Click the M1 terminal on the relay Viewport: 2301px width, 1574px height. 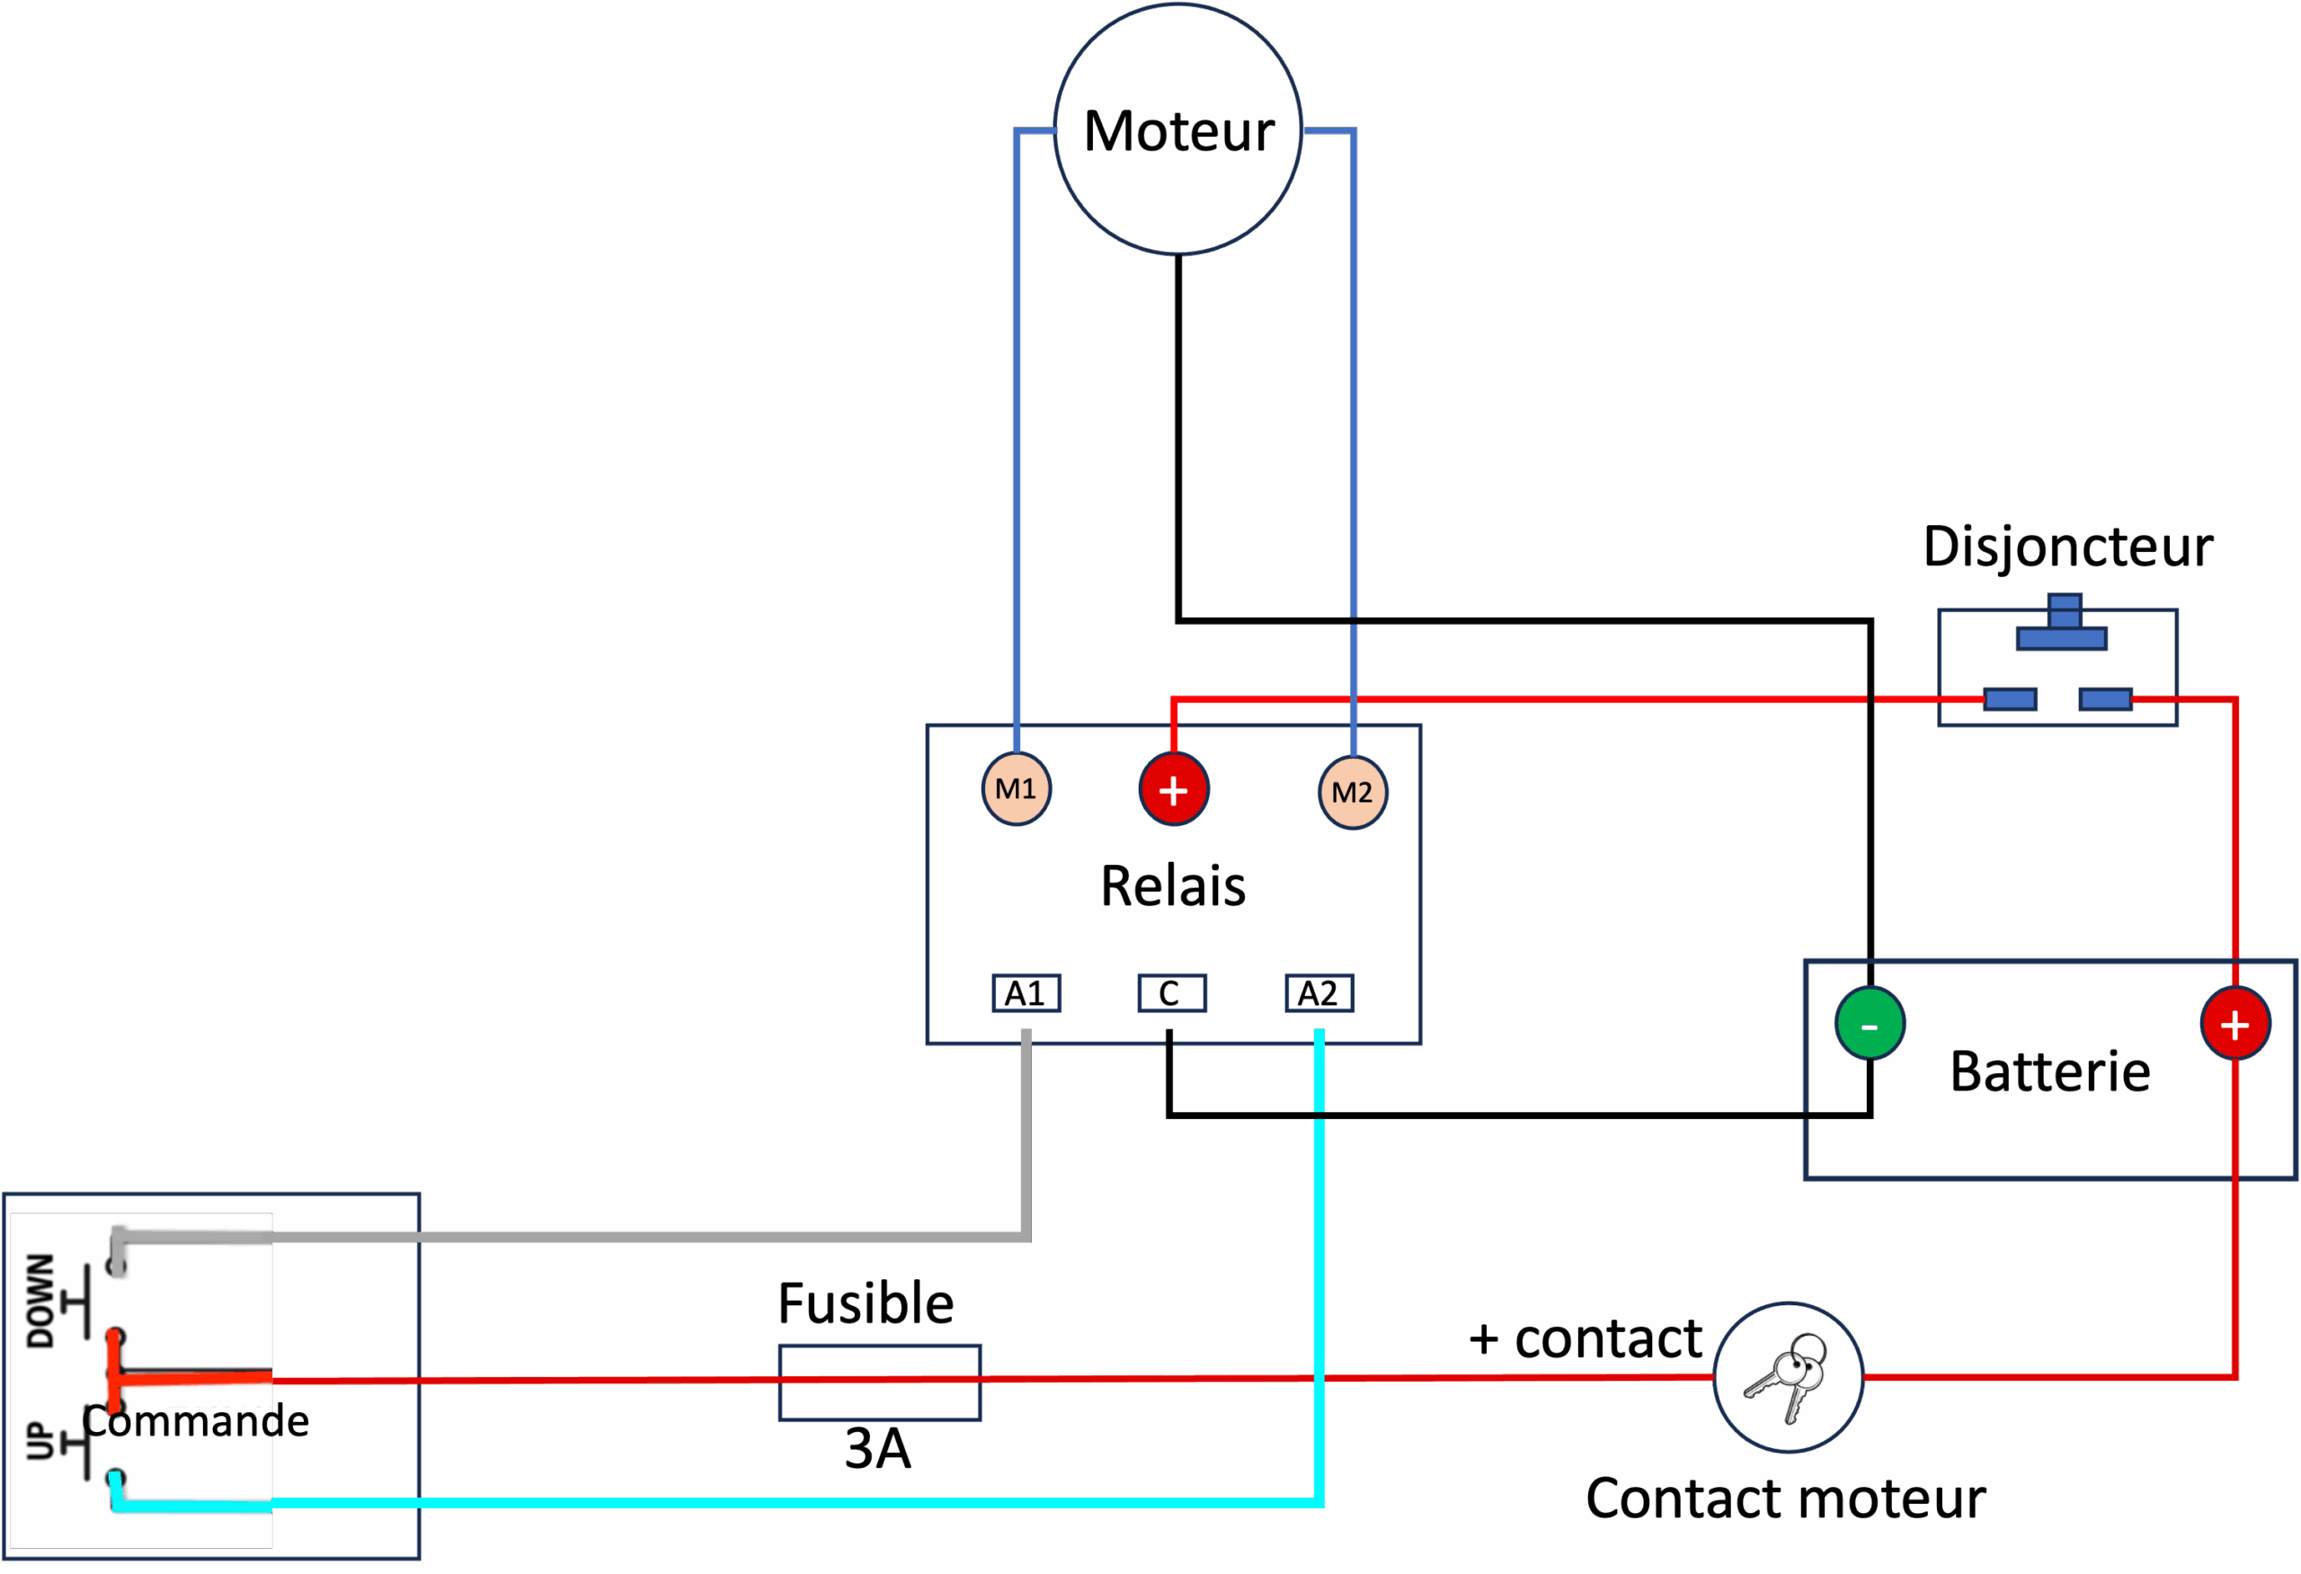[1016, 789]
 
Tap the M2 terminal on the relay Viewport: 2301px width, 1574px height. [1353, 792]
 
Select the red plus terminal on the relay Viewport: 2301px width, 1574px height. [1173, 790]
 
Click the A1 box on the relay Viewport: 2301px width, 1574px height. [1026, 993]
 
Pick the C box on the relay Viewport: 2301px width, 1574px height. [1171, 993]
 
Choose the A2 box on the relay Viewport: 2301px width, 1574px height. [1319, 993]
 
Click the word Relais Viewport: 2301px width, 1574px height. [1173, 886]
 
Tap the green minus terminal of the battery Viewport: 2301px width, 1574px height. [1870, 1025]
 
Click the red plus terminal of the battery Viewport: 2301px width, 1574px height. [2234, 1025]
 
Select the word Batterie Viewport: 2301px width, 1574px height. [2049, 1072]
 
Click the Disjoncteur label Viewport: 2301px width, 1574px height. [2067, 547]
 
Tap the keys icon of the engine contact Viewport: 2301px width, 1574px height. [1788, 1377]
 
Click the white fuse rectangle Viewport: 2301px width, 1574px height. [879, 1382]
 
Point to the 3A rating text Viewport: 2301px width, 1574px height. [877, 1449]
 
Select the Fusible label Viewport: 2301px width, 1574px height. [866, 1303]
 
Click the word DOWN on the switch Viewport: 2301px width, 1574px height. [40, 1301]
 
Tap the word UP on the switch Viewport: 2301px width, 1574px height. [39, 1441]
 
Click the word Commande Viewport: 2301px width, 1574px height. [196, 1421]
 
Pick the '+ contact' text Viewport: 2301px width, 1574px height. [1584, 1339]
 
